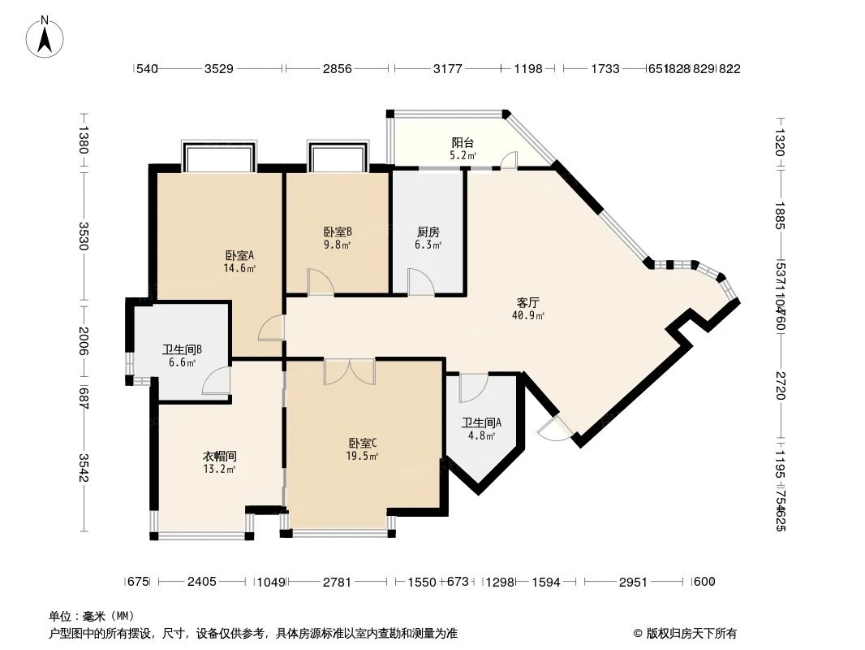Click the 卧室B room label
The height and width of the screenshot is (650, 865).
pos(338,232)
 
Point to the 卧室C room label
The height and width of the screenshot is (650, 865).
pos(363,443)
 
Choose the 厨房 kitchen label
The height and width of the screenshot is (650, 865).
pos(428,232)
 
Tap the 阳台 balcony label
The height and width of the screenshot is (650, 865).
pos(463,142)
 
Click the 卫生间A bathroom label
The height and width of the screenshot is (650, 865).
pos(481,422)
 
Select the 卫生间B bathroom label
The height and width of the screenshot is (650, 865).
pos(182,350)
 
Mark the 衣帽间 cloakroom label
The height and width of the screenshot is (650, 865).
pos(219,456)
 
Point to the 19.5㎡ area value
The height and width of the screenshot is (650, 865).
pos(363,456)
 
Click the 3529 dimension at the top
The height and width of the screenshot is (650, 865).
pos(218,70)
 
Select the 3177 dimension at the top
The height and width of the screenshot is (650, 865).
pos(447,70)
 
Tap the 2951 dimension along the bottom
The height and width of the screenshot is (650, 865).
pos(633,581)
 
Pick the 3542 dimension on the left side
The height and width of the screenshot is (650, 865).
pos(84,466)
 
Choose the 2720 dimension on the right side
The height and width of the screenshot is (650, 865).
pos(780,384)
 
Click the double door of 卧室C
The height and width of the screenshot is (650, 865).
pos(349,371)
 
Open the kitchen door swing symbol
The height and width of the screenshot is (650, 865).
pos(420,283)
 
